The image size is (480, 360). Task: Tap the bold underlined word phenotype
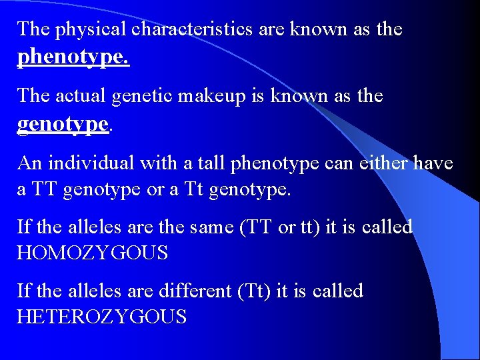tap(73, 58)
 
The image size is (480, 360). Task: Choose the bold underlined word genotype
tap(63, 124)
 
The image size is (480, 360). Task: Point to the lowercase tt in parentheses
tap(309, 227)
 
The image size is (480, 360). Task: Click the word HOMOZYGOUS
tap(92, 253)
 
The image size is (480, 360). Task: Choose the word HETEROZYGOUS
tap(101, 317)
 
